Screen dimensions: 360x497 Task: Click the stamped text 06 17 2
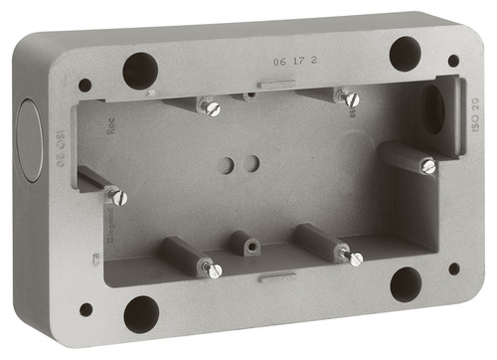286,62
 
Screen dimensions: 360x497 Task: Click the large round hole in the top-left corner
140,71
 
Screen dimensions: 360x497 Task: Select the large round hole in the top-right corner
405,53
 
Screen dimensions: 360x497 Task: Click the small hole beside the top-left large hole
84,86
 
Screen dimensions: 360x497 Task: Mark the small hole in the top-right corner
453,61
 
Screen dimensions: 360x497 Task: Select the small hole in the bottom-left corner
85,309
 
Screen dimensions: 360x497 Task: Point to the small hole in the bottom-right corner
454,269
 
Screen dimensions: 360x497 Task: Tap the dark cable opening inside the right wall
433,109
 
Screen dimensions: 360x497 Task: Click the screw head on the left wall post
118,197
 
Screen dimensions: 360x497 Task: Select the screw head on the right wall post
427,166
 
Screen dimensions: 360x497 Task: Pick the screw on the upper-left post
213,108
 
